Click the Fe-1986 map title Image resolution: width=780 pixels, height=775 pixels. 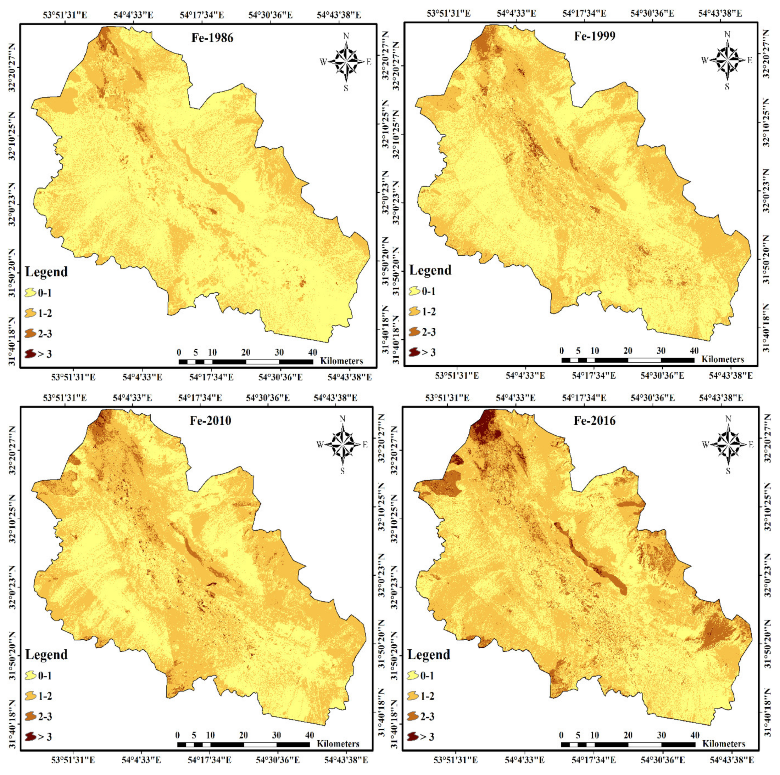212,38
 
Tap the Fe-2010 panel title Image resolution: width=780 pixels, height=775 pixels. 211,420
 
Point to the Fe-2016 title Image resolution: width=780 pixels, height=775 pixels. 595,420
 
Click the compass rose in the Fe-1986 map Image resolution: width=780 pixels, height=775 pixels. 346,62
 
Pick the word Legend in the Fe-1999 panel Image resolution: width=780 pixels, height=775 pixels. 430,270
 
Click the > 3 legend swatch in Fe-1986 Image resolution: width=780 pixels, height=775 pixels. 30,354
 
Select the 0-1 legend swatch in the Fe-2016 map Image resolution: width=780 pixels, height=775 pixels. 414,675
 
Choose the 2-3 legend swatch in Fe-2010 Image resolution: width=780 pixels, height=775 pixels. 30,716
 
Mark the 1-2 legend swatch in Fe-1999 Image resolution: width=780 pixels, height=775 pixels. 414,311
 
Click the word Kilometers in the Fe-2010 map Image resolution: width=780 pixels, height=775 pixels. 338,743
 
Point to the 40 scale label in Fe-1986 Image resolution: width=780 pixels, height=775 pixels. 312,352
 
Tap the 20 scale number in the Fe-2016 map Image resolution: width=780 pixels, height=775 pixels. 628,735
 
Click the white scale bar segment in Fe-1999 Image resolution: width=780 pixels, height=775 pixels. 644,360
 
